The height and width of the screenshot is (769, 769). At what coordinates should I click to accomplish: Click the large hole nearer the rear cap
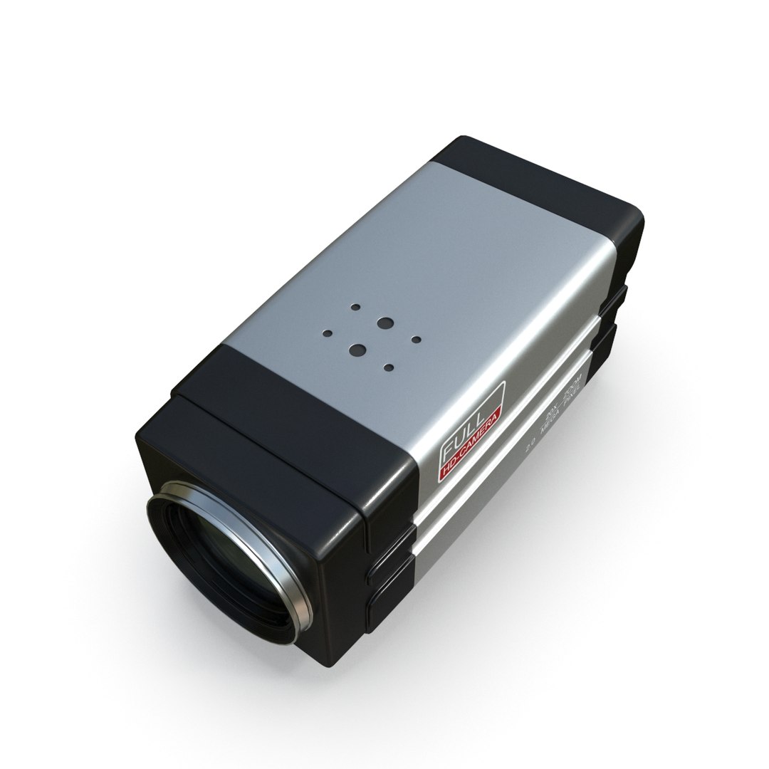(385, 323)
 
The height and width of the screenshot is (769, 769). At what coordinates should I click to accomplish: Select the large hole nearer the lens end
(358, 350)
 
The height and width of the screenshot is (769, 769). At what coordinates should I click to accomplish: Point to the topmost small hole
(355, 308)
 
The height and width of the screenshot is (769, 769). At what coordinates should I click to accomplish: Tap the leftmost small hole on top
(328, 333)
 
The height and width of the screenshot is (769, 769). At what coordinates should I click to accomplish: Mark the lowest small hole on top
(388, 367)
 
